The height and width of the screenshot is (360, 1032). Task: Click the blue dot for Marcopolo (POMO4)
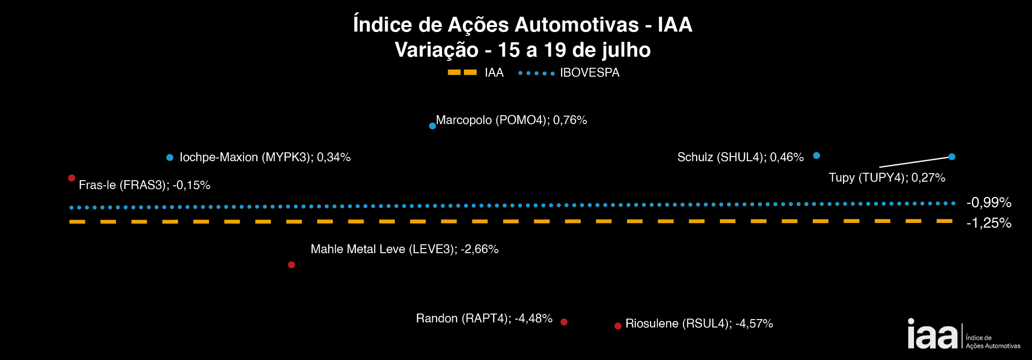tap(432, 126)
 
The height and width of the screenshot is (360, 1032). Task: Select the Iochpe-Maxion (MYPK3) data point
tap(170, 157)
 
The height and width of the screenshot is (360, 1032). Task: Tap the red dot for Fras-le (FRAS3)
tap(72, 178)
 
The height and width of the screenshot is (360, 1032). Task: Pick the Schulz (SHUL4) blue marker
tap(816, 156)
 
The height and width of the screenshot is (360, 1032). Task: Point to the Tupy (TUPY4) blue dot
tap(952, 157)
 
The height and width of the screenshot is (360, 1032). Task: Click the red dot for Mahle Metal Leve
tap(291, 265)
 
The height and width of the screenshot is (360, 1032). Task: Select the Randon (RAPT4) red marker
tap(564, 322)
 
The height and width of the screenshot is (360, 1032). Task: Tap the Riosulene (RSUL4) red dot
tap(618, 326)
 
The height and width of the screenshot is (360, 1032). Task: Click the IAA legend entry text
tap(494, 73)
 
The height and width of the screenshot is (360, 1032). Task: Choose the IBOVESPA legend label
tap(589, 73)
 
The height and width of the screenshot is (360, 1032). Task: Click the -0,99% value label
tap(989, 203)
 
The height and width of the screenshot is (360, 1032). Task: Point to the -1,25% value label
tap(989, 223)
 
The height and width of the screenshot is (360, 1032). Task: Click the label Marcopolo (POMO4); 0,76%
tap(511, 120)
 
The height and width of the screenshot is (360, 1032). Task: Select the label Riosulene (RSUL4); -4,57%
tap(699, 323)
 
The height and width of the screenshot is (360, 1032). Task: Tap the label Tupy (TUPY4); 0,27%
tap(887, 177)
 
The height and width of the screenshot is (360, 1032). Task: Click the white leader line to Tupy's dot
tap(914, 162)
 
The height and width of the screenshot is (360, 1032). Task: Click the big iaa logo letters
tap(932, 335)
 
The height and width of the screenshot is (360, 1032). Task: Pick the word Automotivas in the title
tap(576, 25)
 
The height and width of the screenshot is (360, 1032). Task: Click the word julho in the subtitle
tap(626, 50)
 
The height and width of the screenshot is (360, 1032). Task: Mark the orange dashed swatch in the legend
tap(462, 72)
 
